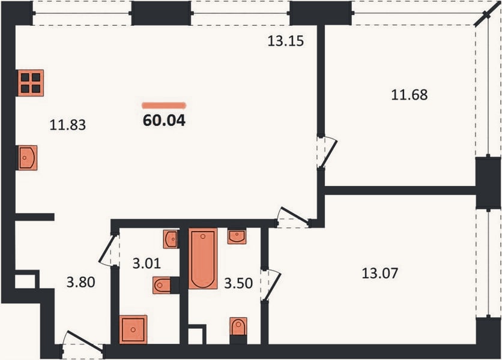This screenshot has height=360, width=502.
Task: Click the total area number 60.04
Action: click(x=164, y=121)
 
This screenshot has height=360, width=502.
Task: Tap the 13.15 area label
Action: click(x=286, y=41)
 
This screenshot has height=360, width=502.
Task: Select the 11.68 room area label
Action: click(x=410, y=95)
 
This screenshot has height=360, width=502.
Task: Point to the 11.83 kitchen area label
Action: click(x=67, y=125)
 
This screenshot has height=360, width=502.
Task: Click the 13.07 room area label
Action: click(x=380, y=273)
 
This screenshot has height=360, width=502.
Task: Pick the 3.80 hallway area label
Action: click(x=80, y=282)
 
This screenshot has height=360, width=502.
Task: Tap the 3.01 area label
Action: click(x=147, y=263)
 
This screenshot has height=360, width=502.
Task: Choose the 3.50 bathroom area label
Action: click(x=238, y=283)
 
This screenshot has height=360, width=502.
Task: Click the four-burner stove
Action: click(x=31, y=83)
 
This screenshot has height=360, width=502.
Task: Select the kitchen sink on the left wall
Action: click(x=28, y=158)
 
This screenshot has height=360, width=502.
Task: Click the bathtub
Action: click(x=202, y=259)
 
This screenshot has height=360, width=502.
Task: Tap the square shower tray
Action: click(x=133, y=329)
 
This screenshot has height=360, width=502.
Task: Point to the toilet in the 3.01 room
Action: click(x=163, y=285)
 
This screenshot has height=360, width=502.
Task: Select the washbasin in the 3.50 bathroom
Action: click(x=237, y=236)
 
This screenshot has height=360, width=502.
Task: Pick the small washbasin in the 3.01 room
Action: click(x=171, y=239)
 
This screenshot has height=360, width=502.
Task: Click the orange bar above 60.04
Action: click(x=164, y=105)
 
